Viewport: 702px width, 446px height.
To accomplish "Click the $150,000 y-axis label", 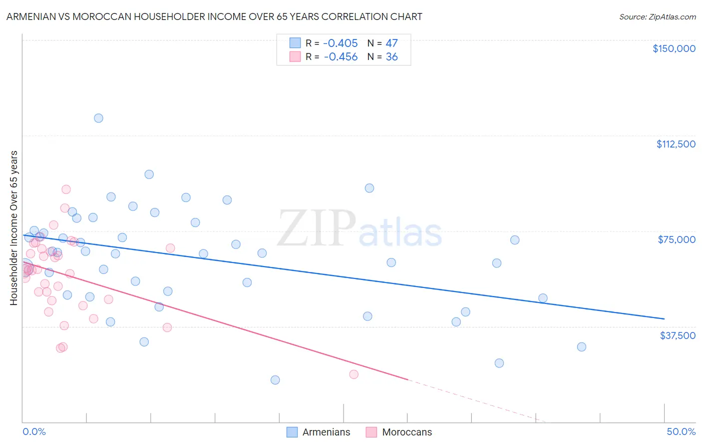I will click(674, 48).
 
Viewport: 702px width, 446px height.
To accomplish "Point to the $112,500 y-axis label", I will click(676, 144).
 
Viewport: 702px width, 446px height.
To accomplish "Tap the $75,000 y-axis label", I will click(677, 239).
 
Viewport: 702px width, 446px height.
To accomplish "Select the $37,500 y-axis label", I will click(678, 335).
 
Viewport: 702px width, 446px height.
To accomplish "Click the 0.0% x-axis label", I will click(34, 431).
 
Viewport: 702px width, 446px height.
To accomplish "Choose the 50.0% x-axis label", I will click(681, 431).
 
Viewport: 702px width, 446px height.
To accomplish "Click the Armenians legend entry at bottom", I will click(326, 432).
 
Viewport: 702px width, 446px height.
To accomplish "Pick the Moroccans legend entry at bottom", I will click(407, 432).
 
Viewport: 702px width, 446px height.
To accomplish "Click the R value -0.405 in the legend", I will click(341, 43).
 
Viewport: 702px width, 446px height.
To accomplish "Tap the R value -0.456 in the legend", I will click(341, 57).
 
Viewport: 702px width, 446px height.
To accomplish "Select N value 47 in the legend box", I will click(391, 43).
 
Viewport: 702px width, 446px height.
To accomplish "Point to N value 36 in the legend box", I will click(391, 57).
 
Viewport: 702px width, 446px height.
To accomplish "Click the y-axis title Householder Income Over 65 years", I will click(14, 227).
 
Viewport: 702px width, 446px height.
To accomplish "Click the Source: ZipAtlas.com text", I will click(658, 17).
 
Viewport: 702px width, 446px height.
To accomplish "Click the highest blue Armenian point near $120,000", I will click(98, 118).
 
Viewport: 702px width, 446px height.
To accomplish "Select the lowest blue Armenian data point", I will click(275, 380).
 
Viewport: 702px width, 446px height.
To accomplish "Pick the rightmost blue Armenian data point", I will click(581, 347).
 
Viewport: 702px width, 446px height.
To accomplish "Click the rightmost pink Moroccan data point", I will click(354, 374).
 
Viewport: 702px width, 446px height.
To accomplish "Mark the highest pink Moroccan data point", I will click(66, 189).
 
